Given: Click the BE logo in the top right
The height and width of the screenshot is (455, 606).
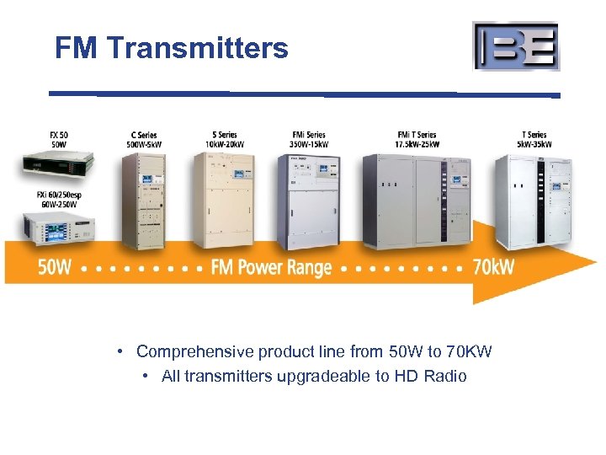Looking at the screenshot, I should (x=516, y=46).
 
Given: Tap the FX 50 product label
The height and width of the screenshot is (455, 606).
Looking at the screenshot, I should (x=59, y=139).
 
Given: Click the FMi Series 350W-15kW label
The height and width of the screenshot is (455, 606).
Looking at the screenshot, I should (x=309, y=139).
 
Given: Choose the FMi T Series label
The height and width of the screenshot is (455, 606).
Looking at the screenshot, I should (x=417, y=139).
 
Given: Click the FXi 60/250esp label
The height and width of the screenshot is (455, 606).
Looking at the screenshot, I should (x=57, y=199).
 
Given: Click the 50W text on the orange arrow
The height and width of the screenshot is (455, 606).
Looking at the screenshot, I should (x=55, y=268).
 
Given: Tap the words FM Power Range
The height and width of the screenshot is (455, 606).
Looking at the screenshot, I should (x=271, y=268).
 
